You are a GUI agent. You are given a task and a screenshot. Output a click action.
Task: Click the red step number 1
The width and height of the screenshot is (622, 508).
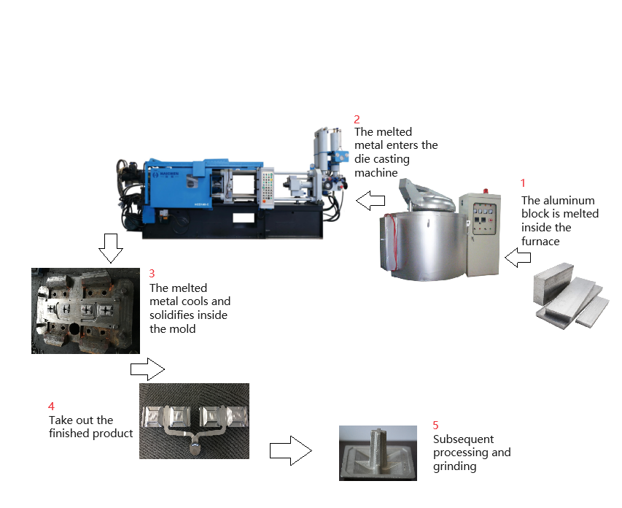[x=522, y=183]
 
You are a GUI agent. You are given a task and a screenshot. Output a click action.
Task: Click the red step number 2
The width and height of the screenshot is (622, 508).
[x=357, y=118]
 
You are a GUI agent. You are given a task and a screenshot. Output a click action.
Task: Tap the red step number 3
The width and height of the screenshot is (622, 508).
[x=152, y=273]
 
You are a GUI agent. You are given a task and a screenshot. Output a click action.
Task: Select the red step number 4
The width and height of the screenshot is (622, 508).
[x=51, y=406]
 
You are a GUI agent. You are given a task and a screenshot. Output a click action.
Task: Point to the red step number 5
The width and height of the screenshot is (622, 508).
[x=435, y=425]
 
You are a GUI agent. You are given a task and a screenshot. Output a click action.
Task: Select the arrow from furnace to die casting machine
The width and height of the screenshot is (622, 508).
[x=370, y=199]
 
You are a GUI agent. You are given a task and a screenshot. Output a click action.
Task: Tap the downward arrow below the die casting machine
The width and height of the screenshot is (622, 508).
[x=110, y=248]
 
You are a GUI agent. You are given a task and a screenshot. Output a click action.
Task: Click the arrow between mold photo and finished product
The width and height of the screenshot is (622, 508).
[x=148, y=369]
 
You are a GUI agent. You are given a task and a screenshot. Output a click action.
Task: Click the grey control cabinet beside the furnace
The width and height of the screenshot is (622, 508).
[x=478, y=233]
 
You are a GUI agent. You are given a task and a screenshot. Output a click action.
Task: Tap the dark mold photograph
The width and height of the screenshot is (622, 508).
[x=86, y=310]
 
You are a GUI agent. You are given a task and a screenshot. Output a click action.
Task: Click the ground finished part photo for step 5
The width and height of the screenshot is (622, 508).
[x=378, y=453]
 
